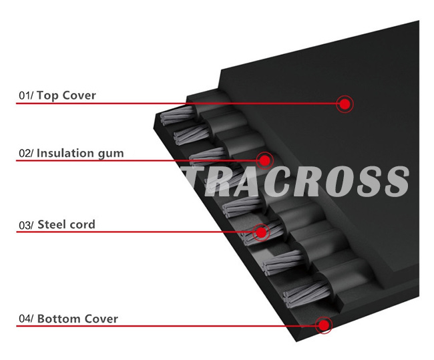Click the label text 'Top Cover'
click(x=66, y=96)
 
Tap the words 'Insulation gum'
click(x=79, y=153)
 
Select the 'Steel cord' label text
click(x=66, y=224)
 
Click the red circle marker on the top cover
click(x=345, y=104)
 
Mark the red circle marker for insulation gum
click(x=265, y=160)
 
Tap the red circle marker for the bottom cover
click(x=324, y=326)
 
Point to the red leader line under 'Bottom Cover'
click(x=167, y=326)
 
